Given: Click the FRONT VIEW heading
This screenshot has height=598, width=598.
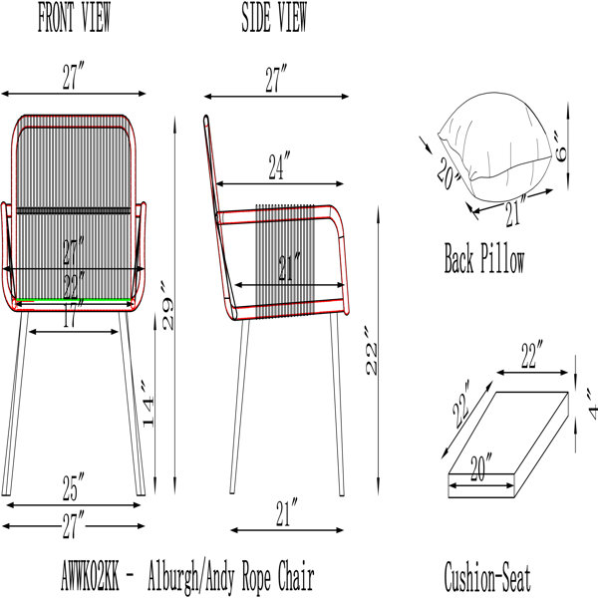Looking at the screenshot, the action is point(74,17).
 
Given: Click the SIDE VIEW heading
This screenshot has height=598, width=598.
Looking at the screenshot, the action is point(274,17).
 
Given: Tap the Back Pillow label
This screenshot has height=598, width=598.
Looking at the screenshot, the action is point(484,258).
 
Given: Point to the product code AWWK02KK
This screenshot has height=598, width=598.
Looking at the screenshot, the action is point(90,575).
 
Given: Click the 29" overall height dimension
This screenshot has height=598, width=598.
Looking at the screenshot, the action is point(167,306).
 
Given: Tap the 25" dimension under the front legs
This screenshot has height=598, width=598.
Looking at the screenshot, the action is point(73,487).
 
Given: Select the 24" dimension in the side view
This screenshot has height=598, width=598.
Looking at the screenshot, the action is point(279,165).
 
